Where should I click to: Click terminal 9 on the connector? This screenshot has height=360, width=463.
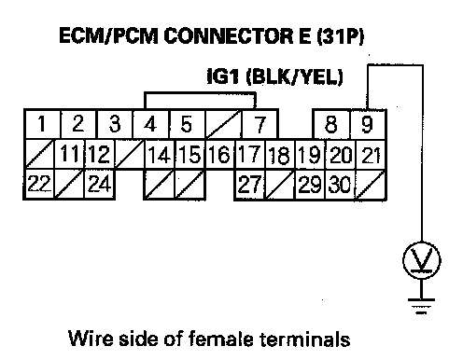tap(368, 124)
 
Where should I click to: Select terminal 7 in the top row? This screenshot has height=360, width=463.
tap(260, 124)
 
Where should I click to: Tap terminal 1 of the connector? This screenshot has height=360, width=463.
tap(43, 124)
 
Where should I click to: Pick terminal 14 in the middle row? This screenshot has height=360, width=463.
tap(160, 155)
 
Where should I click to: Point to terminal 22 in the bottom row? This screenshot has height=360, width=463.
tap(39, 184)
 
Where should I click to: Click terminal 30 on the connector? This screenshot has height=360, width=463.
tap(340, 184)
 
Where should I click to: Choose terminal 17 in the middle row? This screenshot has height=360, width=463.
tap(250, 155)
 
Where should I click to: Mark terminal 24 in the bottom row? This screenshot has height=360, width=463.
tap(100, 184)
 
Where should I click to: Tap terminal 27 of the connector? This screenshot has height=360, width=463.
tap(250, 184)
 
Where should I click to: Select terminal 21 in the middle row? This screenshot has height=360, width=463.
tap(371, 155)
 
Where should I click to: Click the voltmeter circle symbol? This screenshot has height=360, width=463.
tap(422, 260)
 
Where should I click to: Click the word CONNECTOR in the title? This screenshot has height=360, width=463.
tap(228, 36)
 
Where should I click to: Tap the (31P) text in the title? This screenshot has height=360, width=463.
tap(340, 36)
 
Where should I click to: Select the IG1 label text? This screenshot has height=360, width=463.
tap(223, 76)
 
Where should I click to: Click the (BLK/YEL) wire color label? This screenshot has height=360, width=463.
tap(294, 76)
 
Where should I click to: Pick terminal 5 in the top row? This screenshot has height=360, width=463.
tap(187, 124)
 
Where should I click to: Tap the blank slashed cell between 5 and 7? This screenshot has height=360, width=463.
tap(223, 124)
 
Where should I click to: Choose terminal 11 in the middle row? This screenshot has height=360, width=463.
tap(70, 155)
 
